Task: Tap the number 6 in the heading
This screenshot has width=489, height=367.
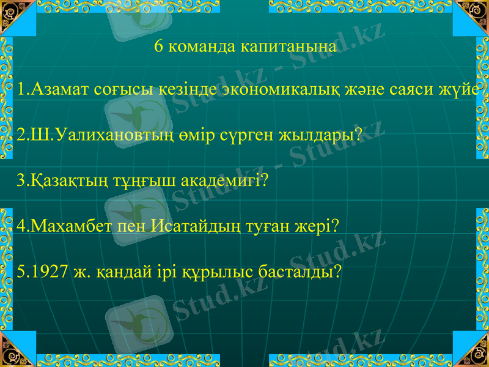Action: point(159,46)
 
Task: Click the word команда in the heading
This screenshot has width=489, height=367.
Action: point(202,47)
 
